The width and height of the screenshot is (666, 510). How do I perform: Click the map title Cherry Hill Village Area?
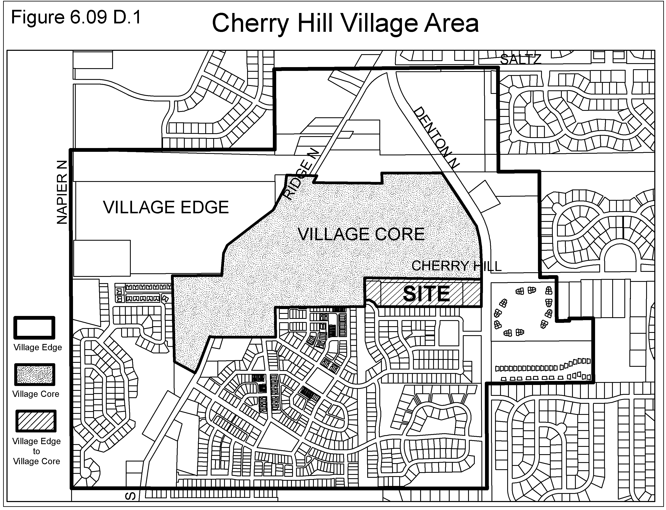(345, 24)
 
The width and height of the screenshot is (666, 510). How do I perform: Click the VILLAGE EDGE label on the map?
(166, 207)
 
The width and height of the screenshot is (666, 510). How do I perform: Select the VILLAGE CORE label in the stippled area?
(361, 234)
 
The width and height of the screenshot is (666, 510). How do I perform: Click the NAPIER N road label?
(62, 192)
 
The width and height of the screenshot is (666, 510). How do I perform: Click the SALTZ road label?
(521, 60)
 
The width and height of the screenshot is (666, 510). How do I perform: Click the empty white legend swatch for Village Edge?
(34, 328)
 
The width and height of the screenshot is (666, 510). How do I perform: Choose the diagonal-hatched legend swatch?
(36, 421)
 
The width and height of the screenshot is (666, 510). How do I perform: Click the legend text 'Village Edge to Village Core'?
(36, 451)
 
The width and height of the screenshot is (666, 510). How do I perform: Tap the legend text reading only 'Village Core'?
(36, 394)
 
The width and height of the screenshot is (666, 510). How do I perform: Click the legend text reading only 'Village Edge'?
(38, 348)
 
